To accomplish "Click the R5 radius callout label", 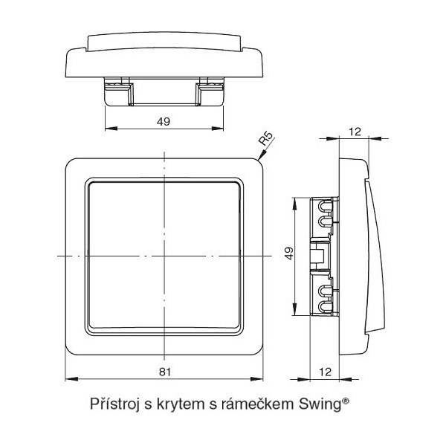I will click(268, 140).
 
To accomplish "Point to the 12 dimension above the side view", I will click(354, 131).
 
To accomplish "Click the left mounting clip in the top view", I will click(117, 93).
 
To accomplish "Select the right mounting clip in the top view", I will click(210, 93).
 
